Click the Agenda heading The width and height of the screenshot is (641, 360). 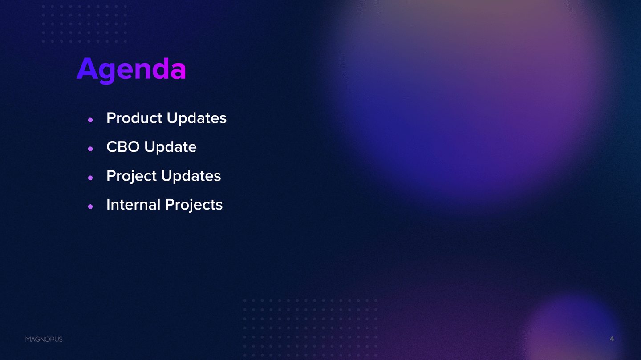coord(131,70)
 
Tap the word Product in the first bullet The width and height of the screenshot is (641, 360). coord(134,118)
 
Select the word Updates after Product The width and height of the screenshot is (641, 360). coord(197,118)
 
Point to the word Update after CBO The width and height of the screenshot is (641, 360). coord(170,147)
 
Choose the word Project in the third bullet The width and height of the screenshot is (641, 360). coord(131,176)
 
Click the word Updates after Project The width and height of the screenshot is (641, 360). coord(191,176)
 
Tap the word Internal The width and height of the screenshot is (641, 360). coord(134,205)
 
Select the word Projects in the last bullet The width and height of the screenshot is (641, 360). coord(194,205)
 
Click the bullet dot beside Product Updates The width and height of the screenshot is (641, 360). coord(90,120)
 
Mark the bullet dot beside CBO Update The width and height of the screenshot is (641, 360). coord(90,149)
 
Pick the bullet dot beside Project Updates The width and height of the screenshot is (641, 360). coord(90,178)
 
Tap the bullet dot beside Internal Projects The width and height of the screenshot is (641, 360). coord(90,206)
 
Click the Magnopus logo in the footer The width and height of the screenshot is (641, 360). coord(44,339)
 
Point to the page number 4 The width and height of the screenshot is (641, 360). coord(612,339)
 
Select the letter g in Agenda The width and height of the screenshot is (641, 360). coord(107,74)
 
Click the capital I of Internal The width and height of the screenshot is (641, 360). coord(108,205)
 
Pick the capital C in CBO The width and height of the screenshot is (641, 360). coord(112,147)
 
